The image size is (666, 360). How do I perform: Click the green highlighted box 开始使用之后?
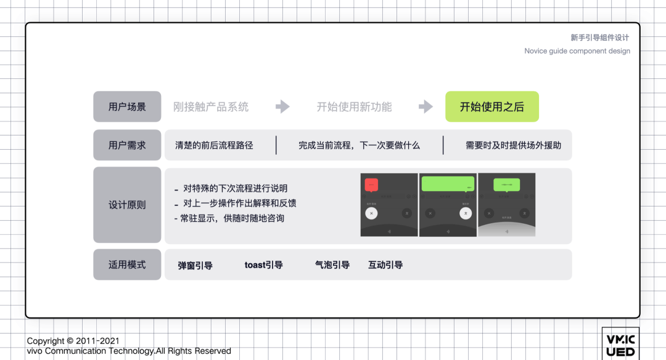492,107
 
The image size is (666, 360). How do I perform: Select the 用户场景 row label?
127,107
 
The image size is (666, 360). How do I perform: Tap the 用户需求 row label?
127,145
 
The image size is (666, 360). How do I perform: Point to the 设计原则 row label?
127,205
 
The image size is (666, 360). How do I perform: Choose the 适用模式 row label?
127,264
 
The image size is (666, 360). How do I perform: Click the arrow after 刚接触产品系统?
282,107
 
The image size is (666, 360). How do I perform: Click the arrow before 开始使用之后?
425,107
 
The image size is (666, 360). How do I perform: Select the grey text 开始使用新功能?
354,107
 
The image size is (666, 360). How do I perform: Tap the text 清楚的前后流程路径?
214,145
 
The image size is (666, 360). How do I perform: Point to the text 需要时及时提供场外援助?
513,145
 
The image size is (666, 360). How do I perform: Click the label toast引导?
263,265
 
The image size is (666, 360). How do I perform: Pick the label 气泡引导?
332,265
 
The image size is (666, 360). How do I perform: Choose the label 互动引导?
385,265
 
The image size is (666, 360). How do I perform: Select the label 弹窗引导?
195,266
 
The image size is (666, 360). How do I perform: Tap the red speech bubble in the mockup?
371,184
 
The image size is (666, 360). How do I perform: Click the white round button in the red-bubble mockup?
371,213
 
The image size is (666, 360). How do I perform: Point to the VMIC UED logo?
620,345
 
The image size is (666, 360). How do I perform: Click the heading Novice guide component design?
577,51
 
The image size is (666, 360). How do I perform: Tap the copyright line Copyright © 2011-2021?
73,341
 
